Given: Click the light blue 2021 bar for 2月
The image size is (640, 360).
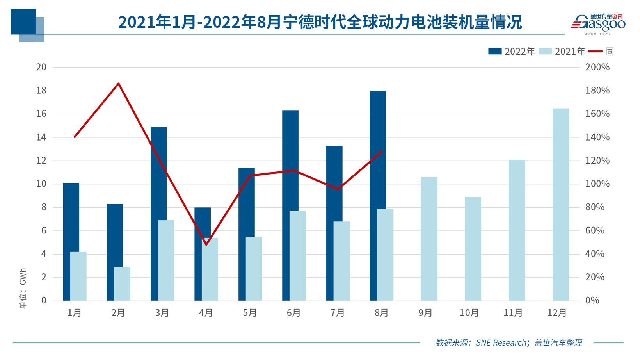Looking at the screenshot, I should click(x=122, y=284).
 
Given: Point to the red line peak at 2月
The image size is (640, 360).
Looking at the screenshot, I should click(x=119, y=83).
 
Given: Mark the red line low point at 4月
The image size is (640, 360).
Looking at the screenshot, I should click(x=206, y=245).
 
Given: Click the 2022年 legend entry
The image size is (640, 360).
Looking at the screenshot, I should click(x=512, y=52).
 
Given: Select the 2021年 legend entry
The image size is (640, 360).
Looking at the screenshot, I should click(x=562, y=52).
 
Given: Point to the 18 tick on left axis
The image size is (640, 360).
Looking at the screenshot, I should click(x=41, y=91).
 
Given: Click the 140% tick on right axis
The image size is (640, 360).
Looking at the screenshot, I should click(x=597, y=137).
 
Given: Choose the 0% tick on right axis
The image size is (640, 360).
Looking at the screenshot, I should click(x=592, y=301).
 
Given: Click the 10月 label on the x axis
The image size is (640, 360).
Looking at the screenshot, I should click(x=469, y=313).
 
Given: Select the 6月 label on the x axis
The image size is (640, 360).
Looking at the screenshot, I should click(x=293, y=313).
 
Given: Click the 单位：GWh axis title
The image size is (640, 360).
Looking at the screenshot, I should click(x=23, y=288).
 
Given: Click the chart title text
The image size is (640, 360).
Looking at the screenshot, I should click(x=320, y=22).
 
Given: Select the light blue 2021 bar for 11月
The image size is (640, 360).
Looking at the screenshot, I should click(x=517, y=230).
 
